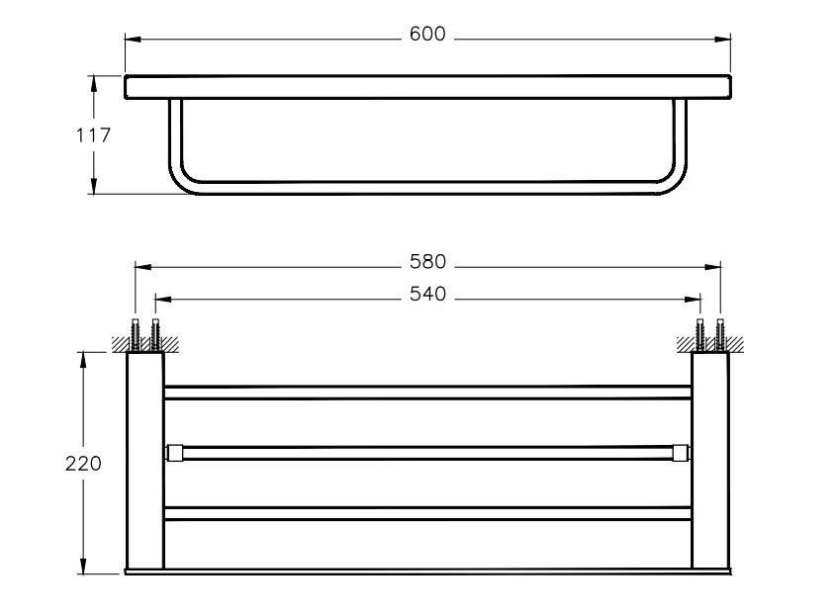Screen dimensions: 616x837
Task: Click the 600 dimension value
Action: [x=427, y=35]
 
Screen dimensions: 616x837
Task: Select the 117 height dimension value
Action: [x=94, y=135]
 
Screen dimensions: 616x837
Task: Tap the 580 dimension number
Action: [x=427, y=263]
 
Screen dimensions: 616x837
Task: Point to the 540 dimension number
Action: [x=427, y=294]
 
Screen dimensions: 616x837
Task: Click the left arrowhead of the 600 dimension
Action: [x=132, y=40]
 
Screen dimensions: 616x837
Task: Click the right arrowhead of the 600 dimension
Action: [x=724, y=40]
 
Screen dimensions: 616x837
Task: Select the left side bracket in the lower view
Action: [x=144, y=460]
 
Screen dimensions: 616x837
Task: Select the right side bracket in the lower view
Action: [x=710, y=460]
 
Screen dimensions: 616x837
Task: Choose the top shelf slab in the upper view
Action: [x=427, y=86]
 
